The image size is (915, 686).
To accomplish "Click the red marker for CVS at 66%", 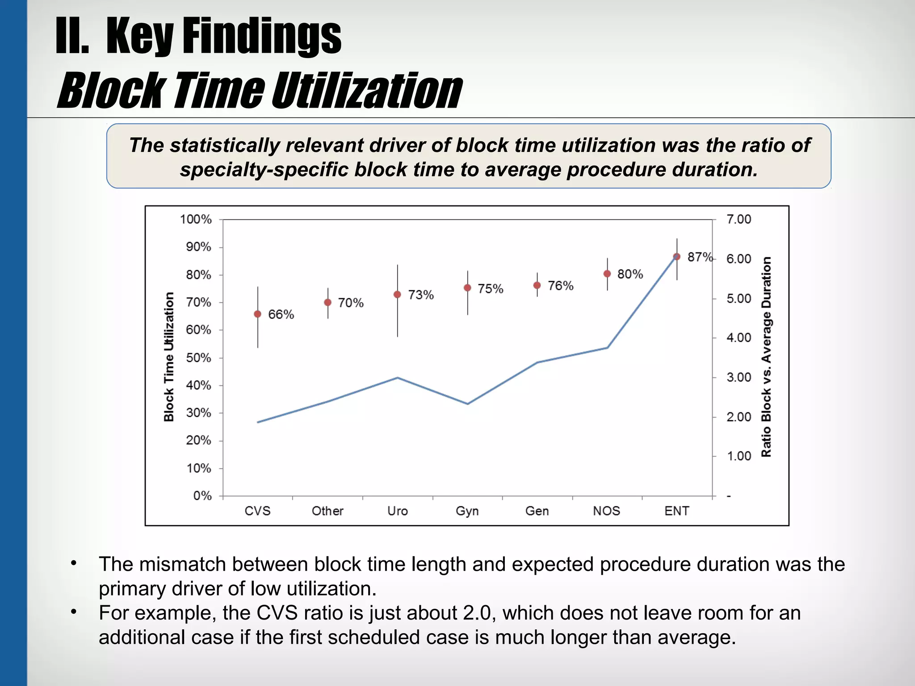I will tap(257, 314).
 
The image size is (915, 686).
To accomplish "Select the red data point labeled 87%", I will tap(676, 257).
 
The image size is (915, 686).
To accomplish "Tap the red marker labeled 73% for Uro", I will tap(397, 294).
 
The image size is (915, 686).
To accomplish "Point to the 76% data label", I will tap(560, 286).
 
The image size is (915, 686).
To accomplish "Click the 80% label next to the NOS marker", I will tap(630, 274).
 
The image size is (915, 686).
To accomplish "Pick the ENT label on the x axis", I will tap(676, 511).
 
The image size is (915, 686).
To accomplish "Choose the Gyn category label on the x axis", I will tap(467, 511).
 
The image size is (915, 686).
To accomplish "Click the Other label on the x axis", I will tap(327, 511).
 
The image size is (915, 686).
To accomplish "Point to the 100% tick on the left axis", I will tap(196, 219).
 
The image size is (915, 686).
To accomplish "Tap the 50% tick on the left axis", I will tap(198, 358).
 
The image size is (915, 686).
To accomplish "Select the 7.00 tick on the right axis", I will tap(739, 219).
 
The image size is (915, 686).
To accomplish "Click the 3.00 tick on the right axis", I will tap(739, 377).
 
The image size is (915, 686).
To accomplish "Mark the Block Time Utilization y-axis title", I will tap(169, 357).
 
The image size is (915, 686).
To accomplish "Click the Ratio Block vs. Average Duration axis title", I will tap(766, 357).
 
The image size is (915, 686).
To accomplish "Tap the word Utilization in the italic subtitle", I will tap(366, 91).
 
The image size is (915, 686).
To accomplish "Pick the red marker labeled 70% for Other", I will tap(327, 302).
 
